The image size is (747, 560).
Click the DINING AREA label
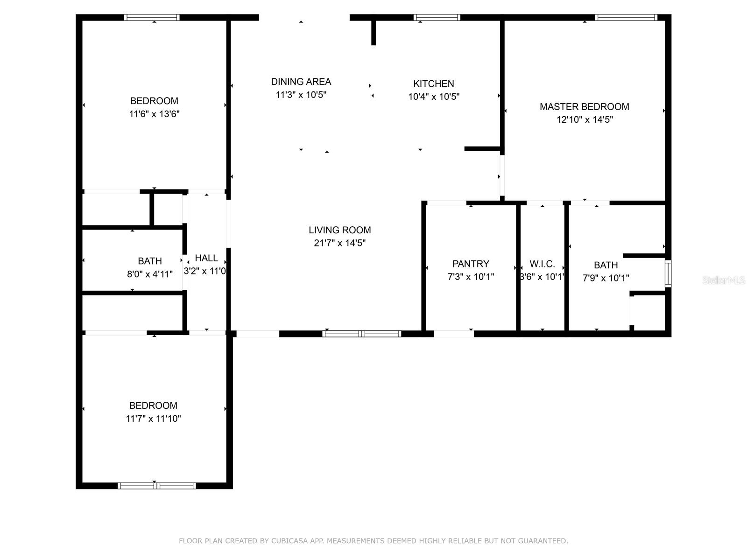click(301, 82)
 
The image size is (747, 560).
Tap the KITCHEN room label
click(434, 84)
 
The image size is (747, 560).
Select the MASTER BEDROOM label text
click(585, 107)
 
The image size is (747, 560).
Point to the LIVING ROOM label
click(339, 230)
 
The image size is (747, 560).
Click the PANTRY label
click(471, 264)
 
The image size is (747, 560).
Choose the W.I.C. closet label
click(542, 264)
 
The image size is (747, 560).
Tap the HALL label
click(206, 259)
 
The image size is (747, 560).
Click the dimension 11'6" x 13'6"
click(154, 114)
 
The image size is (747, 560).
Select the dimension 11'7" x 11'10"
click(153, 419)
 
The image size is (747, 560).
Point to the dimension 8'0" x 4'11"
click(150, 274)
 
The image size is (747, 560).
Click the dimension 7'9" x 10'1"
click(606, 278)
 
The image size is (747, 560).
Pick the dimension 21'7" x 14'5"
click(339, 243)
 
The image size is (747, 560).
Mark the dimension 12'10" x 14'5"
click(585, 119)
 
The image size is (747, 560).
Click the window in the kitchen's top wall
click(437, 17)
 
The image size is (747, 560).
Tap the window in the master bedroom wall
click(626, 17)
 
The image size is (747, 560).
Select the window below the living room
click(361, 334)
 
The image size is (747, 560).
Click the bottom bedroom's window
click(156, 485)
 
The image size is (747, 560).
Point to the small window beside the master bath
click(668, 273)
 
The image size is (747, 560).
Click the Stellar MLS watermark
click(724, 280)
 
